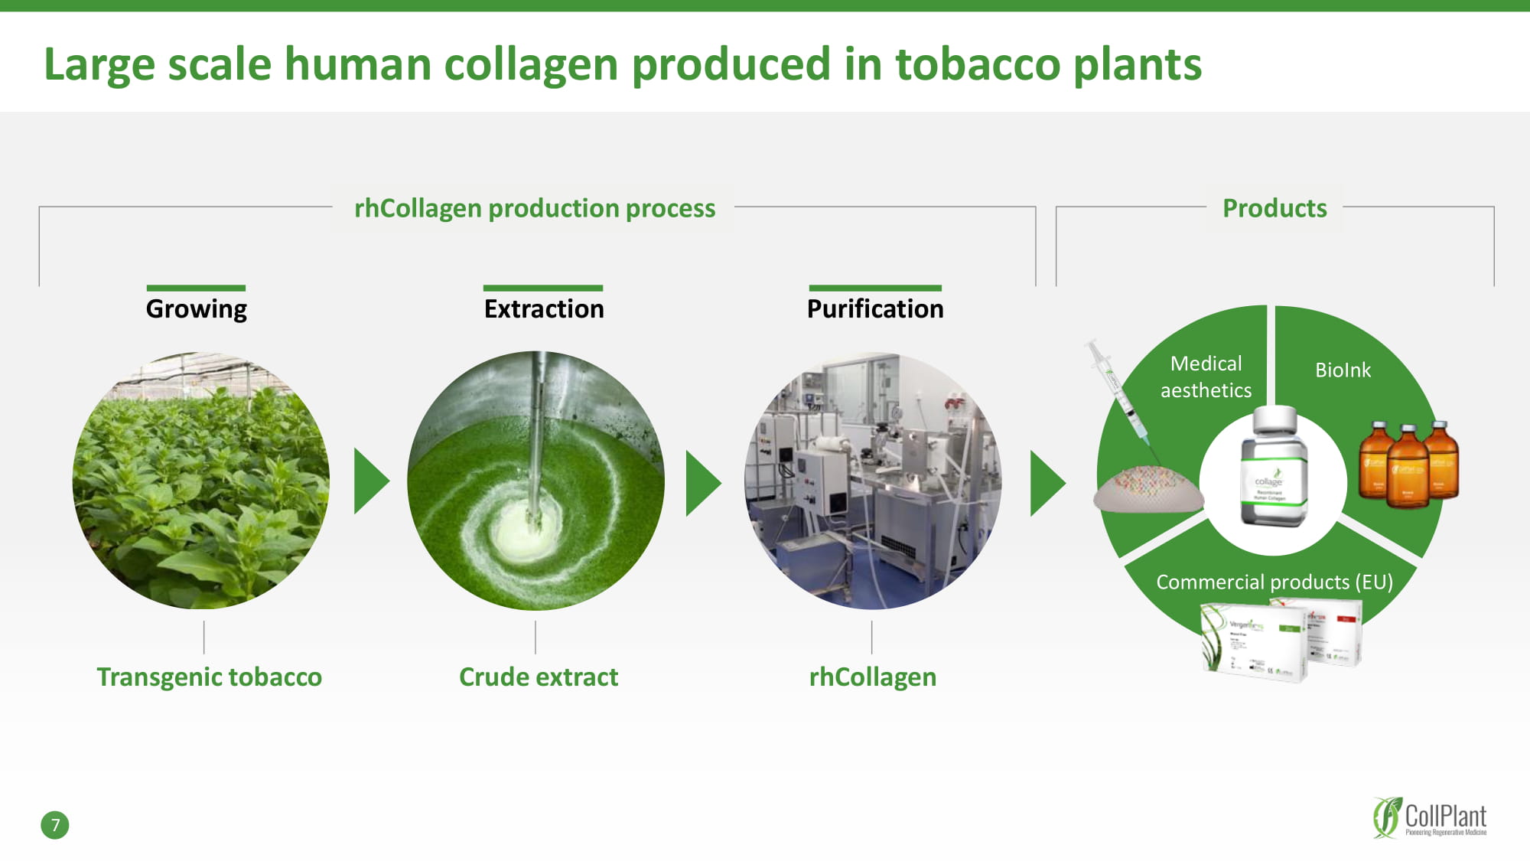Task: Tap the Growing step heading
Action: click(x=197, y=308)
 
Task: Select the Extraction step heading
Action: click(x=544, y=308)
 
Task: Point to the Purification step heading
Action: click(x=875, y=308)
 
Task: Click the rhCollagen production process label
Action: click(x=535, y=208)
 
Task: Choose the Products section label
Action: click(x=1274, y=208)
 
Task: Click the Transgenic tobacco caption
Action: click(x=209, y=677)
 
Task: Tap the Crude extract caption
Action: click(x=539, y=677)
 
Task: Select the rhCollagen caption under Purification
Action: click(x=873, y=677)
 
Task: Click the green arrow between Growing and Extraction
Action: click(x=370, y=481)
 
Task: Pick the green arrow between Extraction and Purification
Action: click(x=702, y=483)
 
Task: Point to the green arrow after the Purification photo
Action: click(x=1047, y=483)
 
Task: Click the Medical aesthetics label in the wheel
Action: click(x=1206, y=377)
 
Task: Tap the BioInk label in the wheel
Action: click(x=1343, y=370)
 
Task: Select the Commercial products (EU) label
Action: click(x=1274, y=582)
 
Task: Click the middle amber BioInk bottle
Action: click(x=1408, y=467)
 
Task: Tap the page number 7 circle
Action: click(x=55, y=825)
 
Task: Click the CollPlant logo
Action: click(x=1429, y=818)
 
